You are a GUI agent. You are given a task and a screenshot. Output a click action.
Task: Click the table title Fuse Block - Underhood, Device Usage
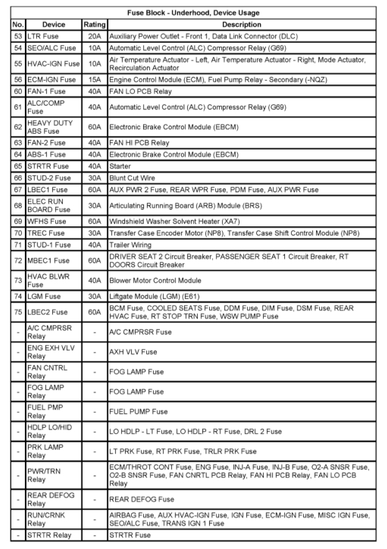pyautogui.click(x=193, y=12)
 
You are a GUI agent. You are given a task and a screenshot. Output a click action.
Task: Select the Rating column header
pyautogui.click(x=95, y=24)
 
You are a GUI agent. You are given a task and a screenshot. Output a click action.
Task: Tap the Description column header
pyautogui.click(x=241, y=24)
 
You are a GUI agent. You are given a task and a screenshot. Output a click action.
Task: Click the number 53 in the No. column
pyautogui.click(x=18, y=36)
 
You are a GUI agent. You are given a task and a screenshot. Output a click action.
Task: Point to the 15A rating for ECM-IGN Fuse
pyautogui.click(x=95, y=80)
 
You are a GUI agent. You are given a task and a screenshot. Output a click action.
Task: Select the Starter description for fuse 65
pyautogui.click(x=121, y=166)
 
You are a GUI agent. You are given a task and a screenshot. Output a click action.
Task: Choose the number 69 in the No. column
pyautogui.click(x=18, y=221)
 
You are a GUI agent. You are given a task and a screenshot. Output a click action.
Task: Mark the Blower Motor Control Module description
pyautogui.click(x=155, y=280)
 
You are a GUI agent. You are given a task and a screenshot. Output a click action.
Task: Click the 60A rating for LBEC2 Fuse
pyautogui.click(x=95, y=312)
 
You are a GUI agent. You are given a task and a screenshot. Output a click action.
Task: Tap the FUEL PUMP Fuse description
pyautogui.click(x=138, y=411)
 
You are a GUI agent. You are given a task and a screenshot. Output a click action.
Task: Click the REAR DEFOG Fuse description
pyautogui.click(x=140, y=499)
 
